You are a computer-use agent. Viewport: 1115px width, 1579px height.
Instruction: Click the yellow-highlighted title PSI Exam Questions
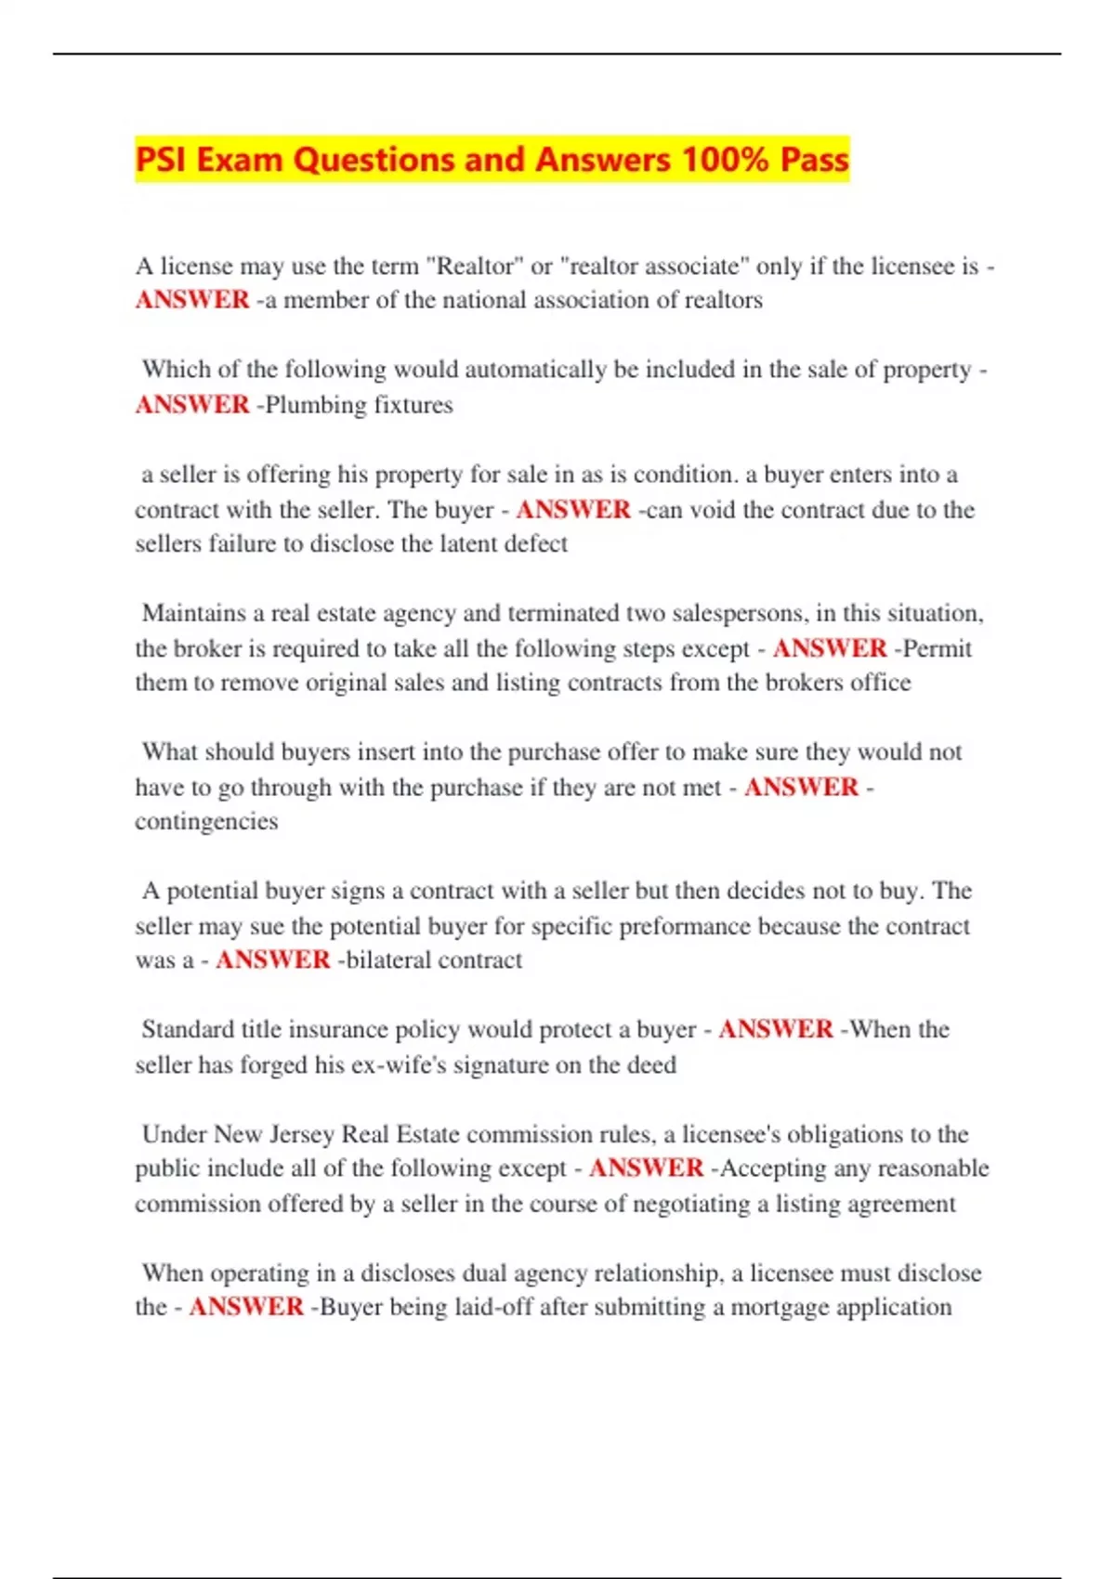click(x=492, y=160)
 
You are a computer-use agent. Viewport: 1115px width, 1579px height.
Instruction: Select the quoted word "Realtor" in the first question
click(x=473, y=267)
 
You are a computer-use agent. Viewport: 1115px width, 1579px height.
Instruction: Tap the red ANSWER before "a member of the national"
click(x=192, y=300)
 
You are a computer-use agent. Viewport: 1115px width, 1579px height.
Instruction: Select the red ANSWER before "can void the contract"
click(x=573, y=510)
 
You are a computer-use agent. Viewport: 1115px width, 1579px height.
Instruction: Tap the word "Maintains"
click(x=193, y=613)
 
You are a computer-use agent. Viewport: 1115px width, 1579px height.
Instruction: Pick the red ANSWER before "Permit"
click(x=830, y=648)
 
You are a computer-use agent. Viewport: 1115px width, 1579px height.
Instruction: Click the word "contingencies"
click(x=206, y=821)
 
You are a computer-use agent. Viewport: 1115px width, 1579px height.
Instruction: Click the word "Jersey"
click(x=302, y=1134)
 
